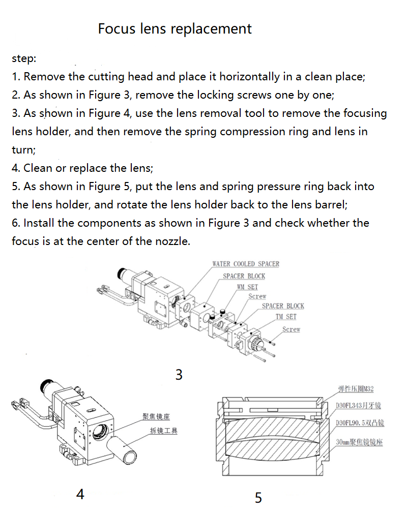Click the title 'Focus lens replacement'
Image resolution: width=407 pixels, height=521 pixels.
[175, 28]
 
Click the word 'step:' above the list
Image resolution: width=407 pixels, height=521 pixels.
[24, 58]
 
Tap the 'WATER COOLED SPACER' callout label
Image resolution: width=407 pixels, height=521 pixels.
[246, 264]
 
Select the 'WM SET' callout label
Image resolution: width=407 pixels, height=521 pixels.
[247, 287]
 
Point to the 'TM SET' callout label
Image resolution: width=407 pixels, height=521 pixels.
[286, 317]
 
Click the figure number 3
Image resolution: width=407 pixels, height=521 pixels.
[179, 375]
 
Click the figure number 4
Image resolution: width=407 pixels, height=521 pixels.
[80, 494]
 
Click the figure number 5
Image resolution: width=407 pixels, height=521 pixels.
[258, 498]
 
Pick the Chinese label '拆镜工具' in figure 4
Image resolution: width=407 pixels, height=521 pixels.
[163, 431]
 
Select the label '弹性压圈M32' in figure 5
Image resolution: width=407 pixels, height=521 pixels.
[356, 390]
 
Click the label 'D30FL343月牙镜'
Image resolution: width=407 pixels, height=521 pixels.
[359, 406]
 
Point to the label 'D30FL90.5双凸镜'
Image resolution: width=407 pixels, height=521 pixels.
[360, 423]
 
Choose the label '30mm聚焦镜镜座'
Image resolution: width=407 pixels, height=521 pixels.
[359, 442]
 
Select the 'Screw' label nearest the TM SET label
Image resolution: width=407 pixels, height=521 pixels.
[292, 329]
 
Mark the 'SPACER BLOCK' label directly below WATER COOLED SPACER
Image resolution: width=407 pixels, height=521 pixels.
[244, 276]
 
